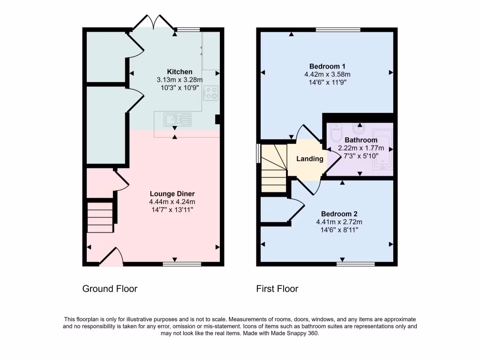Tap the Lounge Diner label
tap(172, 194)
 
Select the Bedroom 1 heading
tap(328, 66)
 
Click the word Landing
tap(310, 159)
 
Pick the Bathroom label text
tap(361, 140)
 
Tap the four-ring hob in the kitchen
tap(211, 93)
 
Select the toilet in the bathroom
tap(336, 134)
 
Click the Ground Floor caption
tap(110, 289)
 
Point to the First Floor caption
tap(277, 289)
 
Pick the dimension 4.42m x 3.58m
tap(328, 74)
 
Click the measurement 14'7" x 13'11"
tap(172, 210)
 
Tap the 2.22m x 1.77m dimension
tap(361, 148)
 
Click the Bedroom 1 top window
tap(338, 30)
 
